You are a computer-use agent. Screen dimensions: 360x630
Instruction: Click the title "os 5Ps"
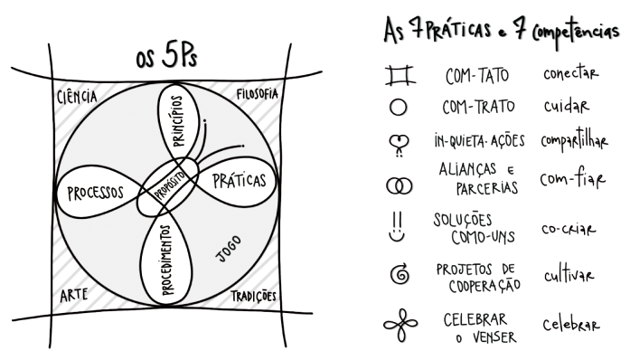pyautogui.click(x=166, y=60)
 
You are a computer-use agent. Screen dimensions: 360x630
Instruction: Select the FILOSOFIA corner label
pyautogui.click(x=256, y=94)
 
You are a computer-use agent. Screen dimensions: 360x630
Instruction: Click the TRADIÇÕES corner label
pyautogui.click(x=254, y=296)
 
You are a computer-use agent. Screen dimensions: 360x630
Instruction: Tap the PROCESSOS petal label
pyautogui.click(x=95, y=192)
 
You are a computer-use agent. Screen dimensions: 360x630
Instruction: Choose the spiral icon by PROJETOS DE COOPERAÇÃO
pyautogui.click(x=399, y=276)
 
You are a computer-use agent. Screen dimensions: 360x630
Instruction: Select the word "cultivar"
pyautogui.click(x=569, y=275)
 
